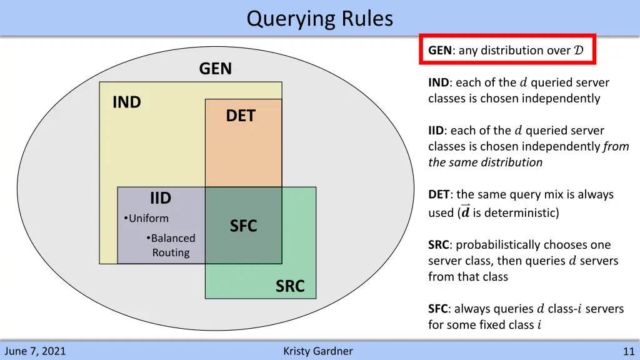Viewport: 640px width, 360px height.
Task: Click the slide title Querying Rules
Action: (319, 19)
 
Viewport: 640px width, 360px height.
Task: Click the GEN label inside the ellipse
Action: (215, 69)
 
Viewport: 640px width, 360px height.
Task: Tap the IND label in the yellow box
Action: (126, 102)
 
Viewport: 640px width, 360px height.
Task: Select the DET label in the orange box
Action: (241, 116)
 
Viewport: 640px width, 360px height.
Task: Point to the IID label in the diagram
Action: (160, 198)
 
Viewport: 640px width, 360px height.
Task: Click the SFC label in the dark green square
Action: (243, 226)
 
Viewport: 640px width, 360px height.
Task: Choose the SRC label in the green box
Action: (290, 286)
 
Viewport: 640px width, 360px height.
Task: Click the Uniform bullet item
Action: (148, 218)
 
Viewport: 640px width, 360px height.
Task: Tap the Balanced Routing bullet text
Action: (171, 245)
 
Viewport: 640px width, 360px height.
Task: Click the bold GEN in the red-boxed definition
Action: (440, 51)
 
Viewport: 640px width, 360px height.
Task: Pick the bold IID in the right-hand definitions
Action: (436, 131)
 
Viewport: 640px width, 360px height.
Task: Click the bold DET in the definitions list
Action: (439, 194)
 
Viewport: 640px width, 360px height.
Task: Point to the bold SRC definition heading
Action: (439, 245)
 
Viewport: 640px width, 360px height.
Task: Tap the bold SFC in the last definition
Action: (437, 309)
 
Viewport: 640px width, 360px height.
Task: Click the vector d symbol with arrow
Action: (465, 211)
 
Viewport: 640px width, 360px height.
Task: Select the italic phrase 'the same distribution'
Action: (485, 162)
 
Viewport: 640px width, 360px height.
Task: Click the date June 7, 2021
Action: (34, 351)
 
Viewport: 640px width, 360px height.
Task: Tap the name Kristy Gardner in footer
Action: (317, 351)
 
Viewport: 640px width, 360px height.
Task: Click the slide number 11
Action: (628, 351)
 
